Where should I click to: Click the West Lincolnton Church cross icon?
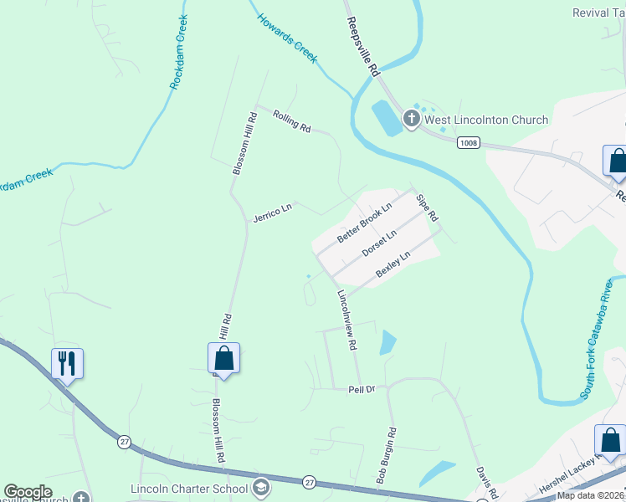[x=411, y=120]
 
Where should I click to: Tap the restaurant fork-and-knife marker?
[x=67, y=363]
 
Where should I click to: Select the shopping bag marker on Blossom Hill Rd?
[x=223, y=358]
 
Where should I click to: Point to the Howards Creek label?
[x=287, y=38]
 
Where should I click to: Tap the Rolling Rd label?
[x=291, y=122]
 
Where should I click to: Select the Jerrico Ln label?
[x=273, y=212]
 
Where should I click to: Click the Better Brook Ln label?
[x=365, y=223]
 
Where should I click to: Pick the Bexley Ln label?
[x=393, y=264]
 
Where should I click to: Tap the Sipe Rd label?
[x=427, y=207]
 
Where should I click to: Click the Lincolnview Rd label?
[x=347, y=320]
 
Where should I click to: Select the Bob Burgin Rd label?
[x=386, y=457]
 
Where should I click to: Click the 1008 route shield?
[x=469, y=144]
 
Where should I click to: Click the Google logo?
[x=28, y=492]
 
